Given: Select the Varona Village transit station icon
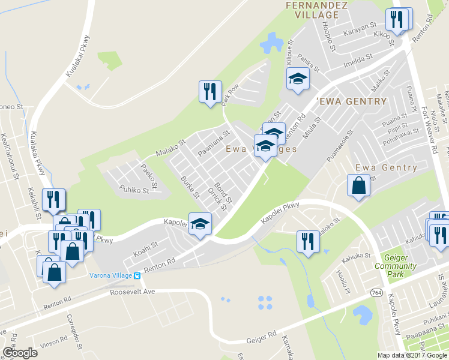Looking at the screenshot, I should (x=137, y=275).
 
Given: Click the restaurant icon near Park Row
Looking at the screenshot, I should (x=210, y=92).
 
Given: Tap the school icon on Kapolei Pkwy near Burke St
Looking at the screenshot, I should (x=200, y=224).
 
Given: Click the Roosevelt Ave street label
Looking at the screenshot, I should (x=133, y=292).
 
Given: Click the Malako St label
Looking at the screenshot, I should (x=171, y=148).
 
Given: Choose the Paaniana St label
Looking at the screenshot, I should (x=214, y=145).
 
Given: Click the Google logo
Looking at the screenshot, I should (x=20, y=353).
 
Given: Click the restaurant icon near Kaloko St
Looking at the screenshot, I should (x=308, y=242).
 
